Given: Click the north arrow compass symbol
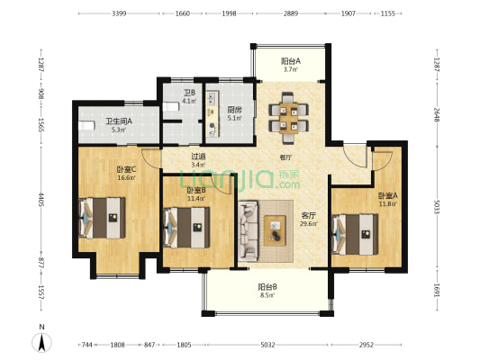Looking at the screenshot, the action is (42, 343).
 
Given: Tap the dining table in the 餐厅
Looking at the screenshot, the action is (289, 119).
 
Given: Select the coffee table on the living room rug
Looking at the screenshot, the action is (275, 230).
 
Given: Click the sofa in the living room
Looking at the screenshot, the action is (249, 231).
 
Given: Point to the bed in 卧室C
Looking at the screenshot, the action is (102, 218).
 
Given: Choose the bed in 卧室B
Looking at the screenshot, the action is (186, 228).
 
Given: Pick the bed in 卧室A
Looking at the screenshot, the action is (355, 234).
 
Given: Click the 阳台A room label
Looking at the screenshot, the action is (291, 61).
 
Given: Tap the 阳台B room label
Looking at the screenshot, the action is (267, 287).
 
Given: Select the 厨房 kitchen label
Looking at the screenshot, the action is (234, 109).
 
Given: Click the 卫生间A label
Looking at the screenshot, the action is (119, 121).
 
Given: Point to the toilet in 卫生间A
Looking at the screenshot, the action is (87, 126).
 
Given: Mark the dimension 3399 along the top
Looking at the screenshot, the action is (119, 13).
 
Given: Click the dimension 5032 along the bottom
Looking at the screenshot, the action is (267, 345).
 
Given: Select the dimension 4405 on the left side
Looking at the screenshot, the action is (41, 199).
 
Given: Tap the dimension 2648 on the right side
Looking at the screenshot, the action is (437, 114).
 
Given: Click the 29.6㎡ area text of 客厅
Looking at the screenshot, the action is (309, 223).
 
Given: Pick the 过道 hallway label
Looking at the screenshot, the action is (198, 157).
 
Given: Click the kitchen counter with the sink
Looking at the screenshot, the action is (213, 113).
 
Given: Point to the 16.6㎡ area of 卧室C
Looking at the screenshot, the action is (126, 177).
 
